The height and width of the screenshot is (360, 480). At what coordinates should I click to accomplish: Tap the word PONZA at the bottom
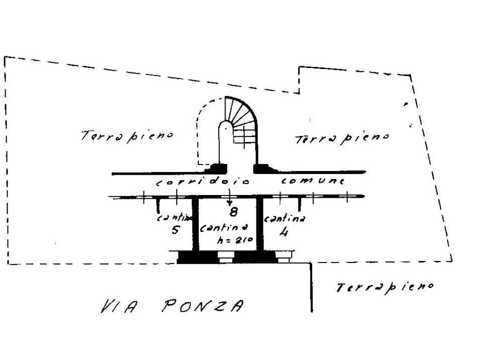[x=202, y=307]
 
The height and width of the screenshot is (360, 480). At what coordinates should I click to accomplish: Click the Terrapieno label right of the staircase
[x=342, y=138]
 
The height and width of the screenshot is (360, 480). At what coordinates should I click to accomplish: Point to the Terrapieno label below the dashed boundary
[x=384, y=286]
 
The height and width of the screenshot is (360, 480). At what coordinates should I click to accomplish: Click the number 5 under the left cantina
[x=174, y=230]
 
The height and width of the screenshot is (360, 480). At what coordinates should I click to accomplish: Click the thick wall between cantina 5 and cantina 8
[x=195, y=224]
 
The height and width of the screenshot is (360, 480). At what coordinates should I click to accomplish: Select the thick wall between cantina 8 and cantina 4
[x=259, y=224]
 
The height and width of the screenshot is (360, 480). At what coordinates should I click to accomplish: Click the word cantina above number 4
[x=285, y=218]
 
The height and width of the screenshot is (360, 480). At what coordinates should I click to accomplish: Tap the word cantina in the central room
[x=224, y=228]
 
